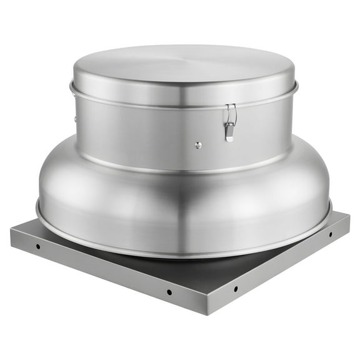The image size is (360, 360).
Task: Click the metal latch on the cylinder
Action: [x=231, y=122]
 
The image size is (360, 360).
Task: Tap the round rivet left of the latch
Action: [x=198, y=145]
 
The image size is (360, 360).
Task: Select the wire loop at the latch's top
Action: [x=231, y=112]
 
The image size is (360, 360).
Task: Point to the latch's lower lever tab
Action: [x=229, y=133]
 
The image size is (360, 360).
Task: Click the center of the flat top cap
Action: [x=182, y=65]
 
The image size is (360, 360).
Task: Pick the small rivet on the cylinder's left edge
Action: [x=75, y=119]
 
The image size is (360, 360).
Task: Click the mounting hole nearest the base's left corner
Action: [x=38, y=246]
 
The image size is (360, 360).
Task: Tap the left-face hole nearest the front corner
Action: [x=169, y=292]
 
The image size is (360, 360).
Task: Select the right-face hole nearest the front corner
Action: [x=235, y=288]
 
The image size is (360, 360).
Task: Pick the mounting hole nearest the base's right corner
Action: [x=331, y=234]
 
